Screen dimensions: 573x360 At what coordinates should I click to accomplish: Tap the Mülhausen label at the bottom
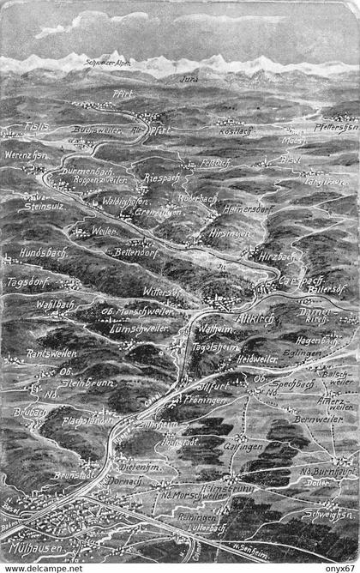(33, 546)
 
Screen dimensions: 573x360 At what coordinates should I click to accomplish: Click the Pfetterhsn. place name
(337, 125)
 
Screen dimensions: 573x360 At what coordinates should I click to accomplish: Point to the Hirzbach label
(279, 256)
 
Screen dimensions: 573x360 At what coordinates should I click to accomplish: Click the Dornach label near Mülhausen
(127, 481)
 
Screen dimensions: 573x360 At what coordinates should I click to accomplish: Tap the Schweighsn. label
(329, 514)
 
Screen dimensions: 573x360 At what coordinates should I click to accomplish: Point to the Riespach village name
(161, 178)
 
